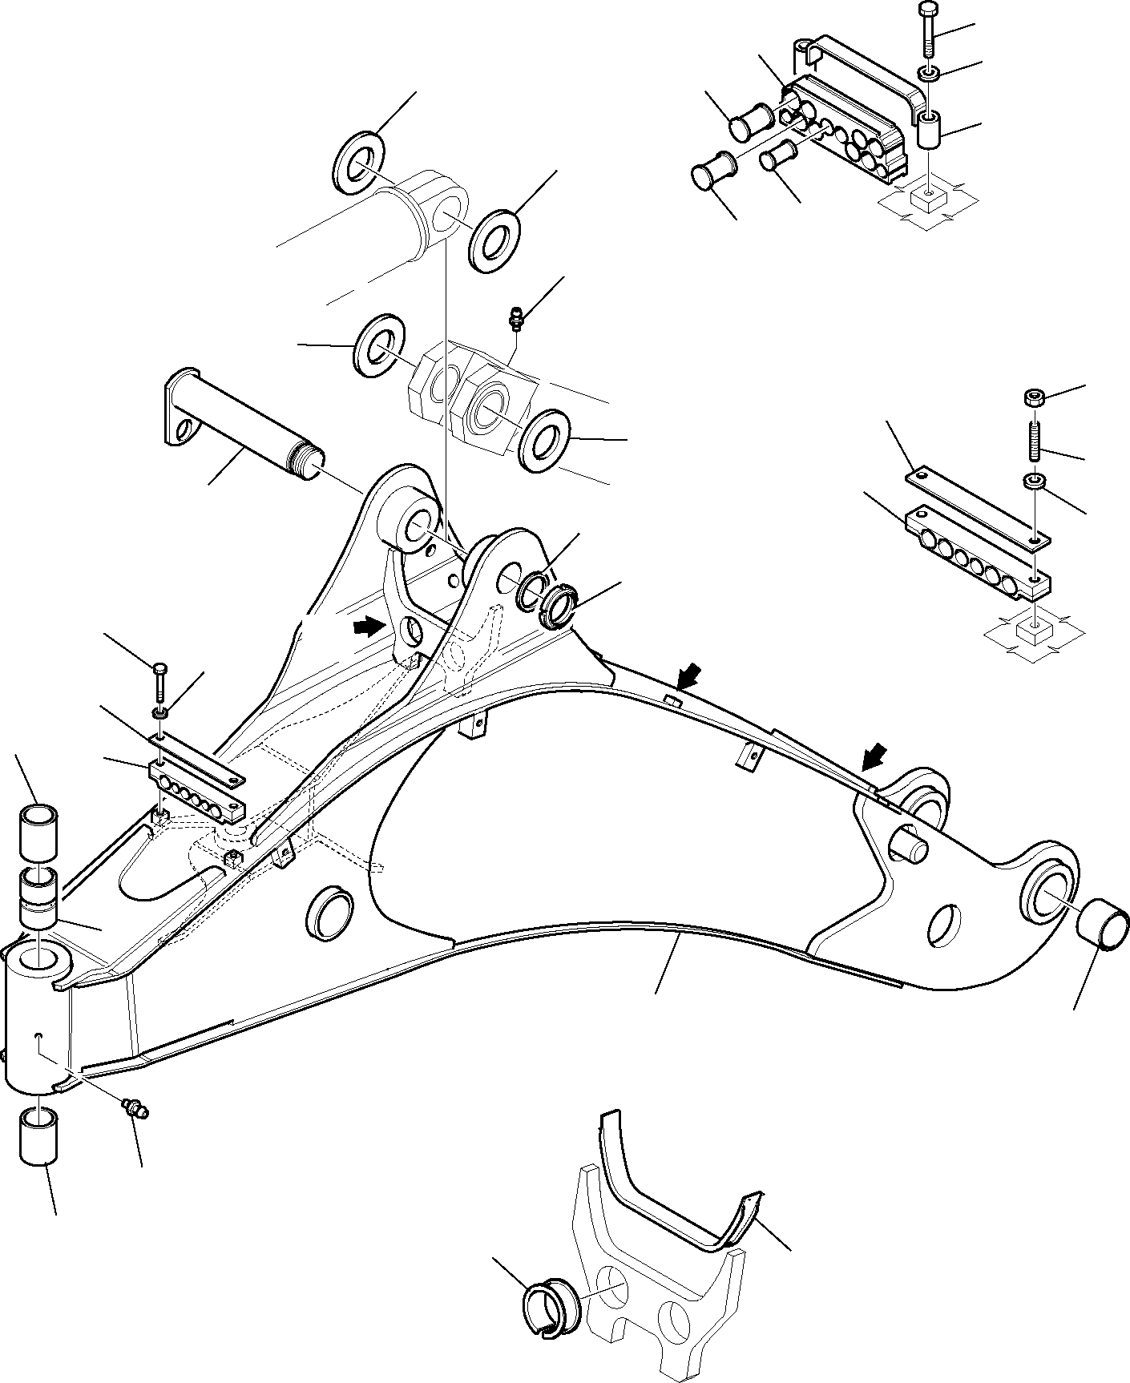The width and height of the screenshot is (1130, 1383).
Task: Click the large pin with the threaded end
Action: (x=240, y=429)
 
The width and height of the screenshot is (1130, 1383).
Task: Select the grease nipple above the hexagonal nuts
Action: (x=517, y=317)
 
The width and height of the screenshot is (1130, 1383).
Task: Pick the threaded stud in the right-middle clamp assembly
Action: (x=1034, y=442)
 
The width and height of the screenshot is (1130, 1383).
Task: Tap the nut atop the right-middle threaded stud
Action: (x=1033, y=397)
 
